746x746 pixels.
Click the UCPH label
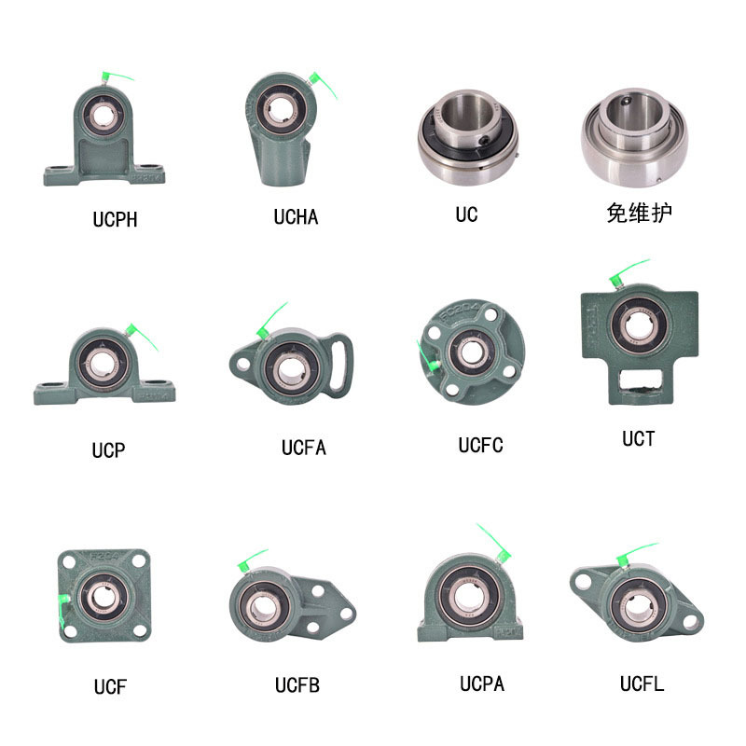coord(115,220)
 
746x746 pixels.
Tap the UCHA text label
coord(296,217)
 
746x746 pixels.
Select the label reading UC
coord(466,214)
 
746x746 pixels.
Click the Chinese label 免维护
coord(639,214)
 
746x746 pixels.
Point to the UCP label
coord(108,450)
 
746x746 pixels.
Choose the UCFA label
coord(304,448)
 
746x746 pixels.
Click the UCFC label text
coord(480,446)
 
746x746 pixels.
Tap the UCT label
coord(639,438)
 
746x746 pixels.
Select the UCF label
coord(109,687)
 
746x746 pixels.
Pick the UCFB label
coord(297,686)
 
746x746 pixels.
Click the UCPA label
coord(481,684)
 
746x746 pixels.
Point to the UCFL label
coord(642,684)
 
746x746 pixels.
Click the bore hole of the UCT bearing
coord(641,325)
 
